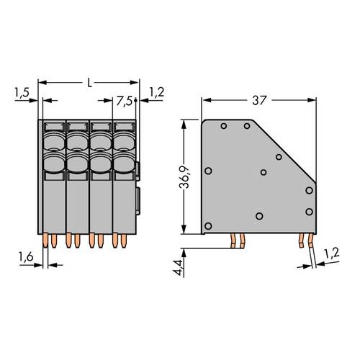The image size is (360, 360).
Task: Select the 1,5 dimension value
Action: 21,91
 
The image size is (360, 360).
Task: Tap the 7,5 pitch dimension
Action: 125,102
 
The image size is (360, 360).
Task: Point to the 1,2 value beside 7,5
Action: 156,91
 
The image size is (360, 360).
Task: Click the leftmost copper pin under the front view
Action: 48,239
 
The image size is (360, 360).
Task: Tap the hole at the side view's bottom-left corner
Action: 208,226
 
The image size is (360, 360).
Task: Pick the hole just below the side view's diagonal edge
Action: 279,156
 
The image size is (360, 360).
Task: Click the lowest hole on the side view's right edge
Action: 309,211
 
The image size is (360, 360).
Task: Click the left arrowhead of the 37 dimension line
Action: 205,99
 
